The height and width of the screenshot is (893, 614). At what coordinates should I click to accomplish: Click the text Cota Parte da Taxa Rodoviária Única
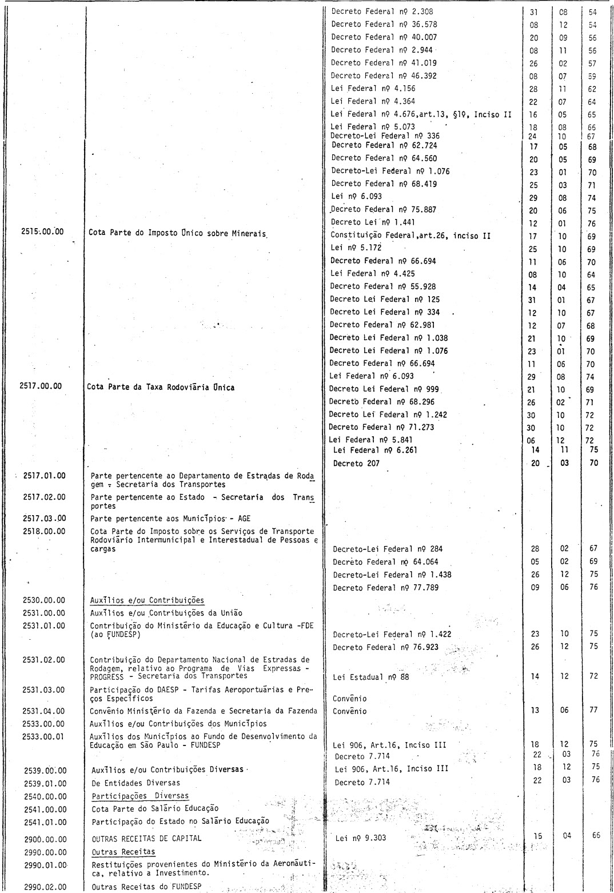click(x=161, y=387)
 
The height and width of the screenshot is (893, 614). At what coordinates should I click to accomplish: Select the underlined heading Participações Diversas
click(x=140, y=796)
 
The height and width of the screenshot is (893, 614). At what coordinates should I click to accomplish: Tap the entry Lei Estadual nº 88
click(x=371, y=677)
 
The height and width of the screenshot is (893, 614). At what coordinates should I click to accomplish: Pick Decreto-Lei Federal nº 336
click(x=385, y=136)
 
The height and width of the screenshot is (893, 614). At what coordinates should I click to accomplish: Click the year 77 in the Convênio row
click(x=593, y=711)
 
